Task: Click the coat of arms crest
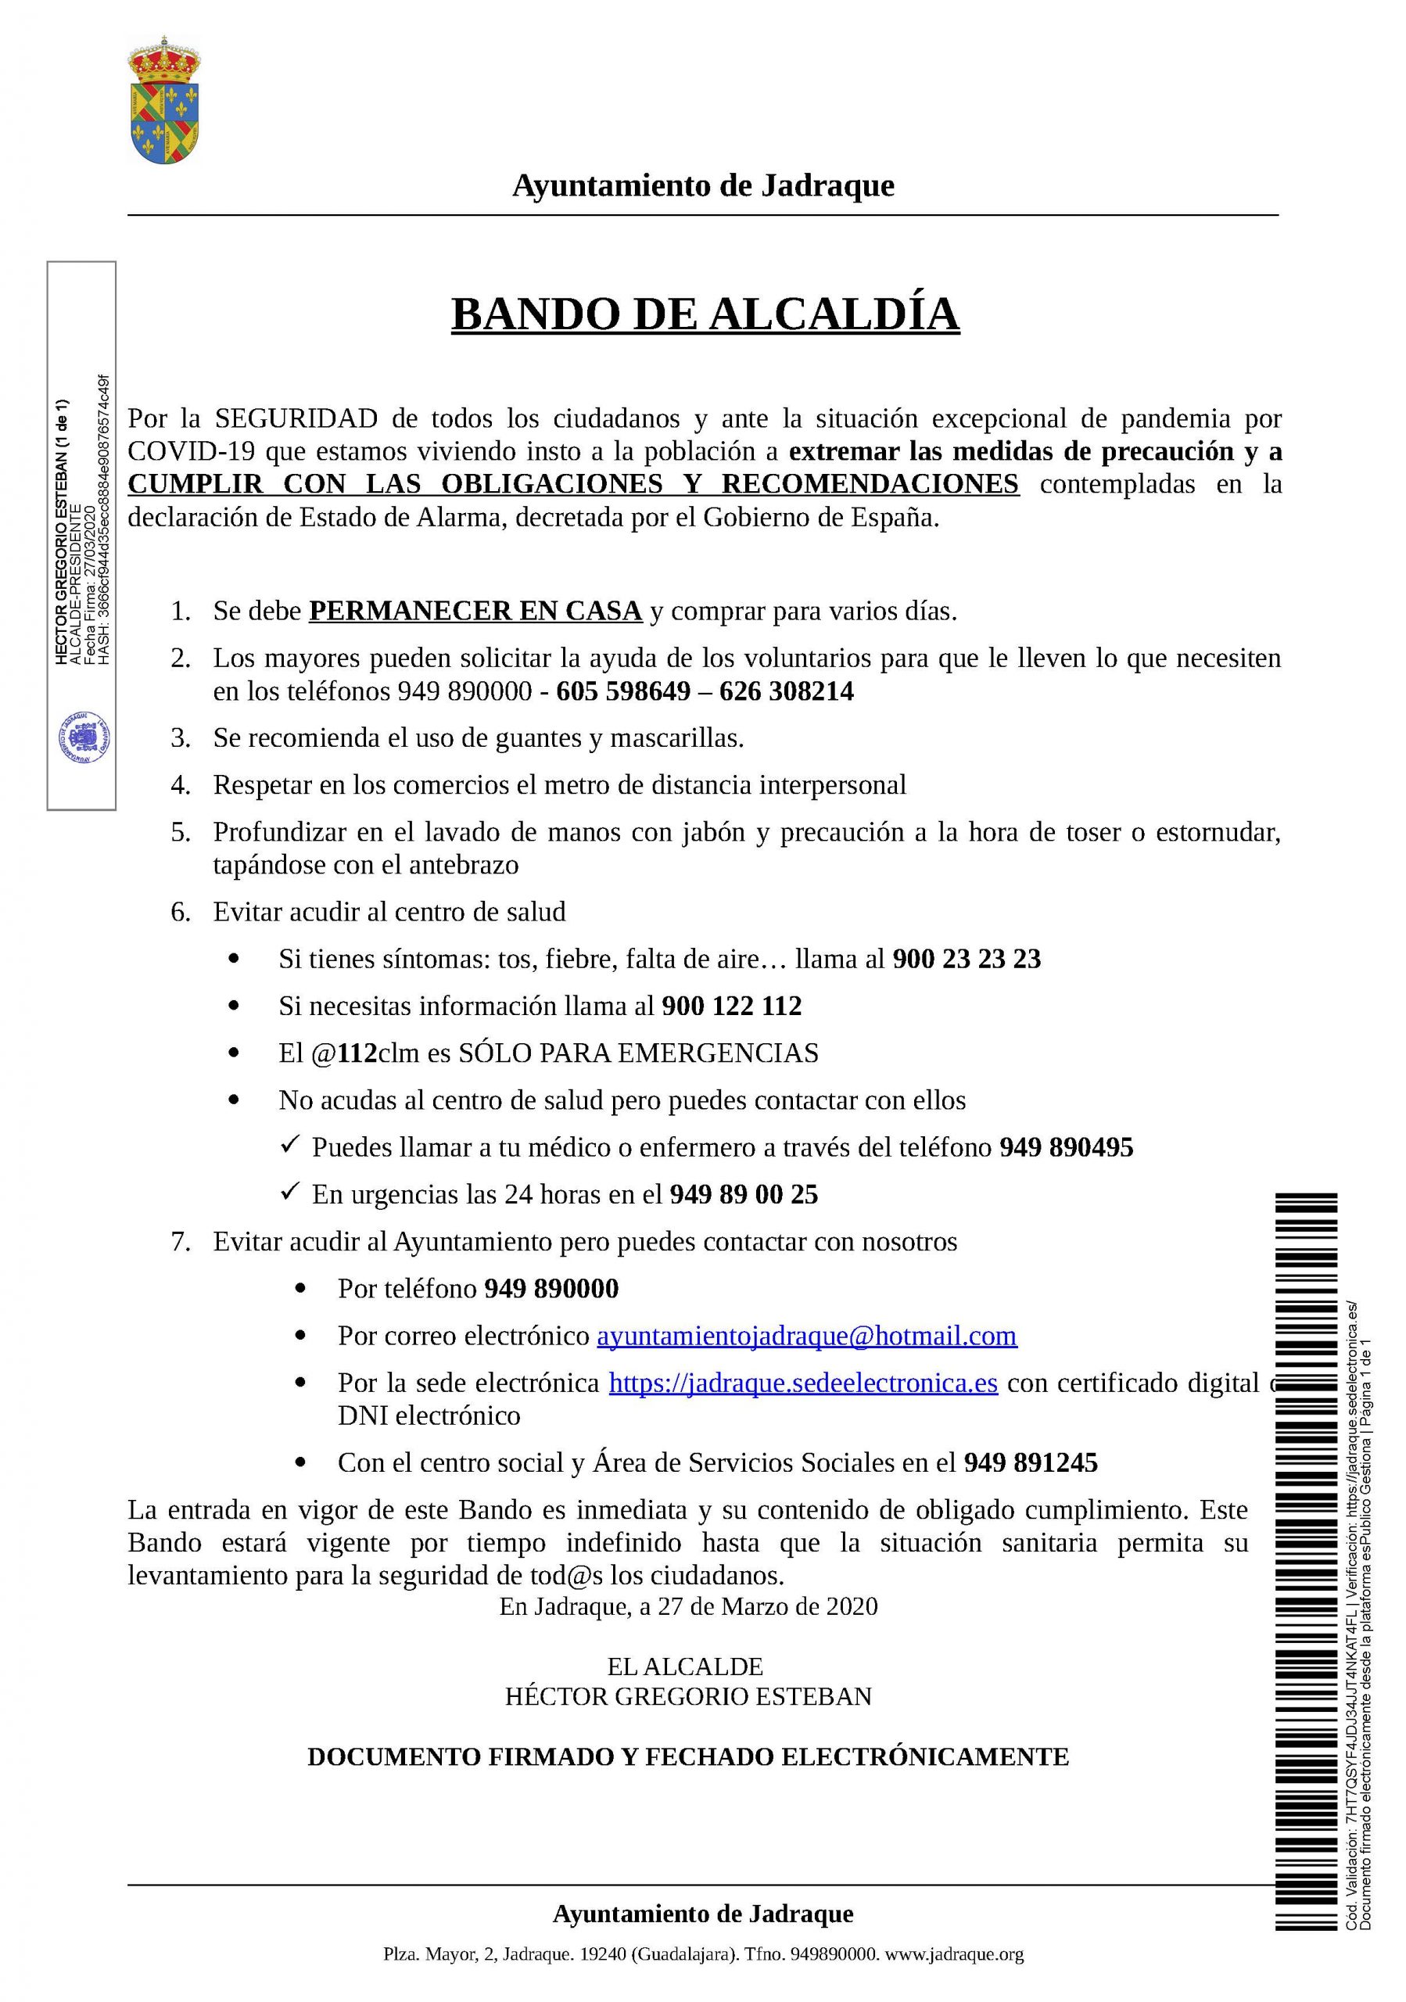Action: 163,100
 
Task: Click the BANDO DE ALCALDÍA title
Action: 705,314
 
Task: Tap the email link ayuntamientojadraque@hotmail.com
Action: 805,1336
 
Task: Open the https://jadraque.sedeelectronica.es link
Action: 802,1383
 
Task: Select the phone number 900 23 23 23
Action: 966,959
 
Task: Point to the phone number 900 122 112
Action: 731,1006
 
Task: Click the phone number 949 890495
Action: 1065,1147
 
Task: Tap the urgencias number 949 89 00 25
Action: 744,1195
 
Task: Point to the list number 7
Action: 181,1242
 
